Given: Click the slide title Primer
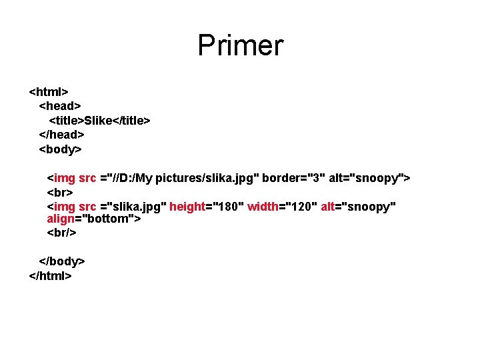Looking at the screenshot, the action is pyautogui.click(x=240, y=45).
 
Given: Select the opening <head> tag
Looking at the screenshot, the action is pyautogui.click(x=60, y=105).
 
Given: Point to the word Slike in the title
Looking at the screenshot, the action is pyautogui.click(x=98, y=120).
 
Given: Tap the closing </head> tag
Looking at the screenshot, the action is pyautogui.click(x=61, y=135).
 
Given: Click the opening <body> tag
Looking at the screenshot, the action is pyautogui.click(x=60, y=149).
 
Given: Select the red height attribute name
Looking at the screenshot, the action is pyautogui.click(x=187, y=206).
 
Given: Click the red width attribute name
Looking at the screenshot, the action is pyautogui.click(x=263, y=206).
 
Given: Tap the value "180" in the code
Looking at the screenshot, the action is pyautogui.click(x=225, y=206).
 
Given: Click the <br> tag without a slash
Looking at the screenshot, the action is pyautogui.click(x=59, y=192).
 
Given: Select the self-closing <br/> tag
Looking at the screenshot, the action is pyautogui.click(x=61, y=233).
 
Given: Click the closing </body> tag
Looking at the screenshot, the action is pyautogui.click(x=61, y=261).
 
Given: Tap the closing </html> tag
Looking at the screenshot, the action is pyautogui.click(x=51, y=275).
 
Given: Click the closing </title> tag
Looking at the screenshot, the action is pyautogui.click(x=133, y=120).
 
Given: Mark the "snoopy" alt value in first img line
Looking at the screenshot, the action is pyautogui.click(x=377, y=178).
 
